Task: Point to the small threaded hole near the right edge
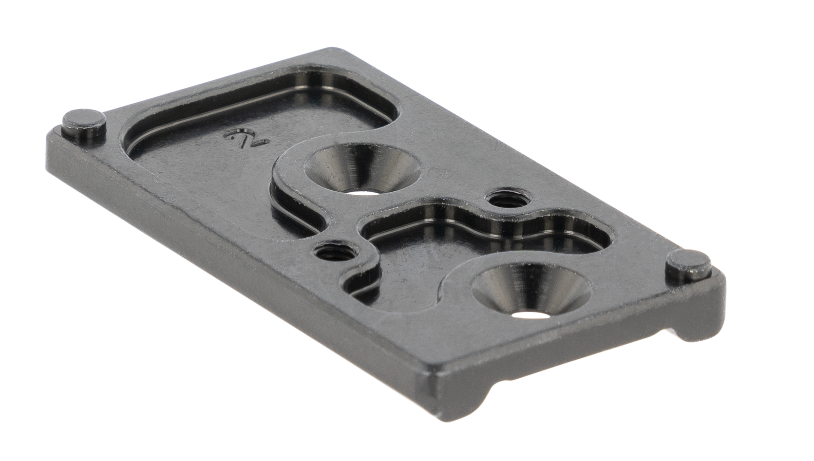click(x=508, y=199)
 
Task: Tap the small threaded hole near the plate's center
click(x=335, y=251)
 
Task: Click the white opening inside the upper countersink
click(x=364, y=191)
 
